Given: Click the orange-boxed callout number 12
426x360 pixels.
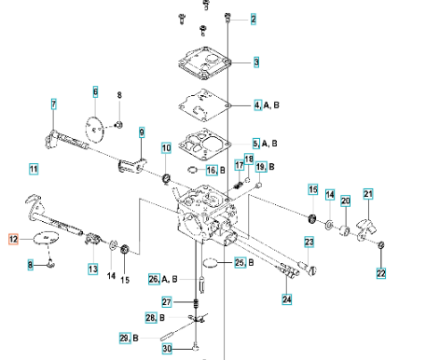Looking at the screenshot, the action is pyautogui.click(x=13, y=239).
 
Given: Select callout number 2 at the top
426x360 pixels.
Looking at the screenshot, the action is pyautogui.click(x=254, y=20).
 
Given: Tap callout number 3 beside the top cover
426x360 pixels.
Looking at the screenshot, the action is pyautogui.click(x=256, y=62).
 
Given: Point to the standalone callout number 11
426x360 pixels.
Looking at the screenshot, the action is pyautogui.click(x=34, y=169).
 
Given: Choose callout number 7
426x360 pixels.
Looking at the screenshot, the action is pyautogui.click(x=54, y=104).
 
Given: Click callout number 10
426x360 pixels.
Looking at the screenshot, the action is pyautogui.click(x=166, y=148).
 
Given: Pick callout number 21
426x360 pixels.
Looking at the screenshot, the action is pyautogui.click(x=368, y=194).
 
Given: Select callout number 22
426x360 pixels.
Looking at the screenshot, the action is pyautogui.click(x=381, y=273).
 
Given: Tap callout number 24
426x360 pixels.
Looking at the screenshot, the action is pyautogui.click(x=287, y=299).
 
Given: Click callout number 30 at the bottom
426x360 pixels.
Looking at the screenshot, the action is pyautogui.click(x=167, y=349).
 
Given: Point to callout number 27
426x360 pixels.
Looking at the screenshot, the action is pyautogui.click(x=167, y=302).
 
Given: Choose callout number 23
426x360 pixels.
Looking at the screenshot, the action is pyautogui.click(x=309, y=242).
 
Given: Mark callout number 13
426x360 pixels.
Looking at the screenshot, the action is pyautogui.click(x=93, y=269).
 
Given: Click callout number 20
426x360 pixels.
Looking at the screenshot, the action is pyautogui.click(x=346, y=201).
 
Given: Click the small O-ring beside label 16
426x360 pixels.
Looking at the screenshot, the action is pyautogui.click(x=193, y=170).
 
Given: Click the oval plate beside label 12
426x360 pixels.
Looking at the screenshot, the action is pyautogui.click(x=46, y=238).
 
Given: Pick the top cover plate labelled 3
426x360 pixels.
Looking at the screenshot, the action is pyautogui.click(x=205, y=63).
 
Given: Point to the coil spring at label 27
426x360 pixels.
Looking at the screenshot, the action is pyautogui.click(x=196, y=303).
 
